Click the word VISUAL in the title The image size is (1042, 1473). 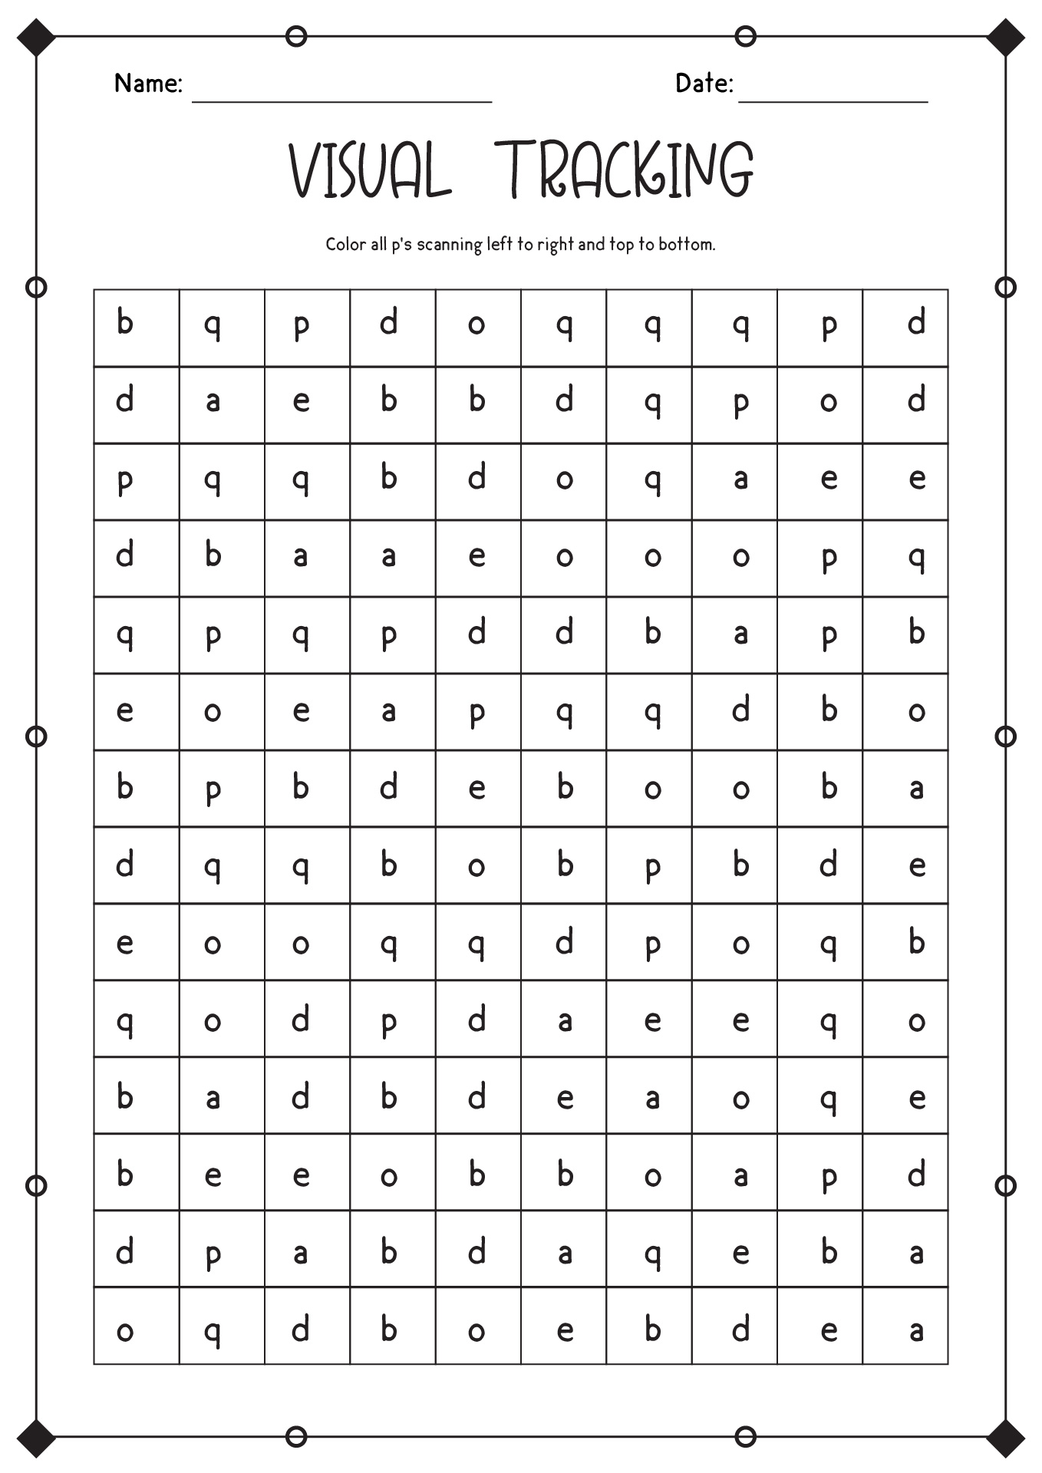[x=368, y=170]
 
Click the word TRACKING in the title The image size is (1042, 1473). [x=624, y=170]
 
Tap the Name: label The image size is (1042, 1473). [x=148, y=83]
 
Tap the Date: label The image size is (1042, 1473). [x=704, y=83]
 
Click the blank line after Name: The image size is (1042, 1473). [x=341, y=100]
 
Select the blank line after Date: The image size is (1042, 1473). [x=833, y=100]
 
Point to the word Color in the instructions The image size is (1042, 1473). [x=345, y=244]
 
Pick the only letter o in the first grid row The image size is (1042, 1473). [x=476, y=325]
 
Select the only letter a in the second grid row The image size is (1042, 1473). [x=213, y=401]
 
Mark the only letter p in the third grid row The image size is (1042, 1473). [x=125, y=480]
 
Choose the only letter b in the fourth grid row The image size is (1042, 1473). [x=213, y=555]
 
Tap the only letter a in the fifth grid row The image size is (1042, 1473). [x=740, y=634]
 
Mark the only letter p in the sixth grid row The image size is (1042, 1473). [x=476, y=712]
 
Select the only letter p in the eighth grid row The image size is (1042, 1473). [x=652, y=867]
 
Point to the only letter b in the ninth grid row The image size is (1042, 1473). [x=916, y=941]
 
